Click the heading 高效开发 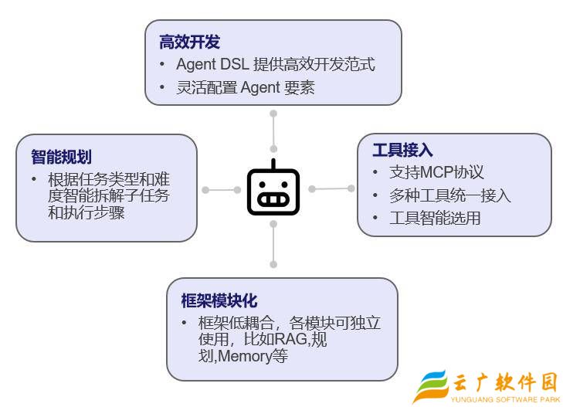(189, 42)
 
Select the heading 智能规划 (61, 157)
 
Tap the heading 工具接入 (402, 150)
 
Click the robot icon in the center (273, 190)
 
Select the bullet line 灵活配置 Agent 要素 (245, 87)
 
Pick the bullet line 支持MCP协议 (436, 172)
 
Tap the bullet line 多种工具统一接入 (449, 195)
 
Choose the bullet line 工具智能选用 (436, 218)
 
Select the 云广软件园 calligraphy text (505, 382)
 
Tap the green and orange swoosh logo (430, 386)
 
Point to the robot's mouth (273, 199)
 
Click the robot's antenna (273, 164)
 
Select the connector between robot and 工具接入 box (331, 188)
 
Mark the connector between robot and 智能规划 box (221, 190)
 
